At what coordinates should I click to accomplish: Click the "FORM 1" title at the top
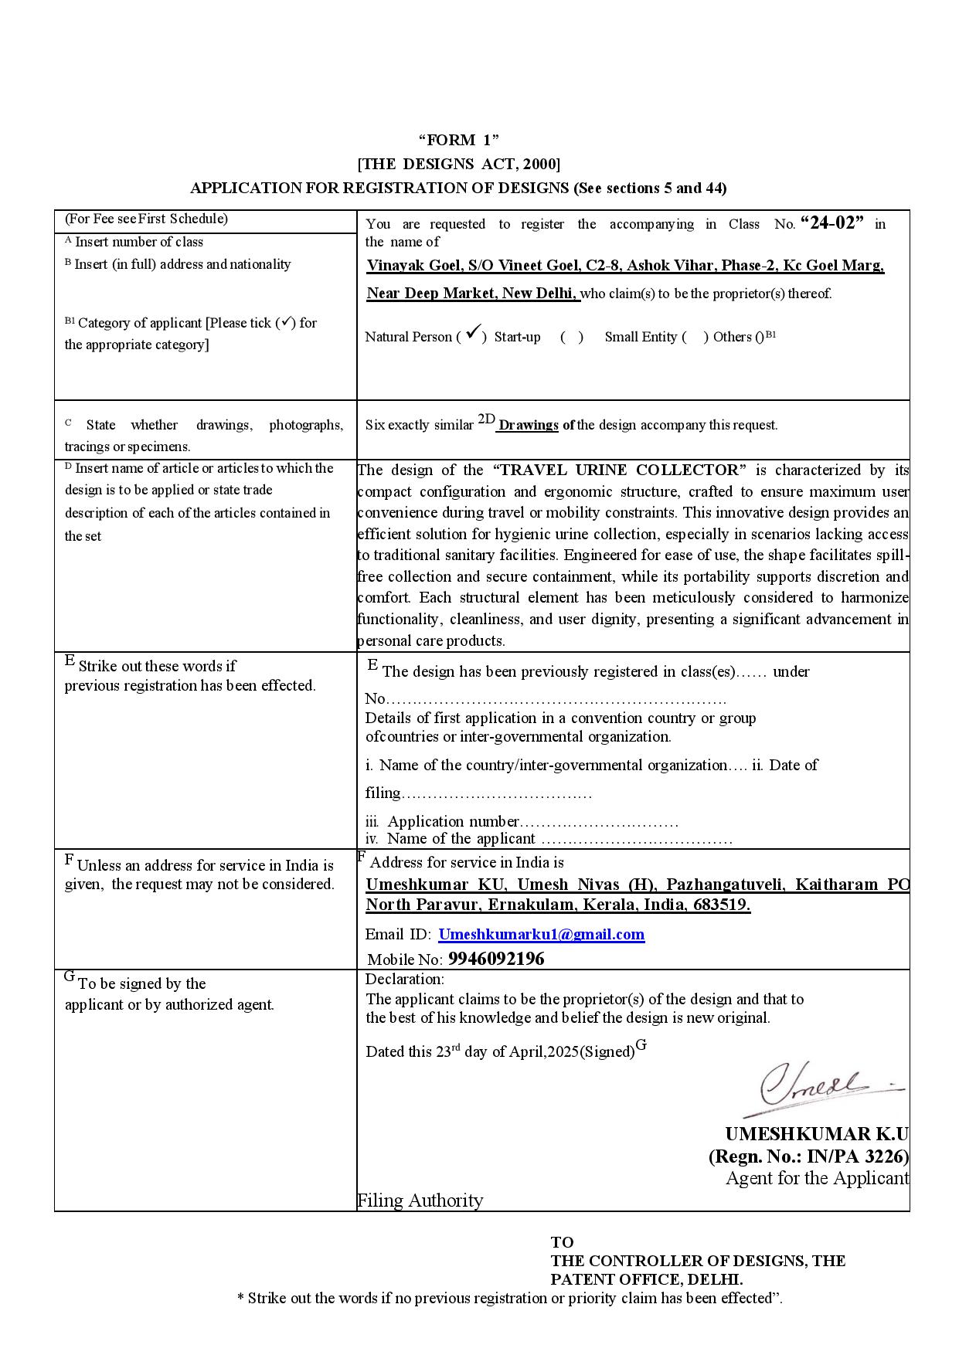[x=458, y=140]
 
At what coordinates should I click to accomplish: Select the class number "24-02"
[x=832, y=223]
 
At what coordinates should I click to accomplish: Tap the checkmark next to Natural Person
[x=474, y=333]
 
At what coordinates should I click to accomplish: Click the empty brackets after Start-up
[x=571, y=337]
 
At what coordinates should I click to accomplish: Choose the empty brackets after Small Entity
[x=695, y=337]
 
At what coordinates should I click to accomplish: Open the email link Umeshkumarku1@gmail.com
[x=541, y=934]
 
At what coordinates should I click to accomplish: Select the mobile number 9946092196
[x=496, y=959]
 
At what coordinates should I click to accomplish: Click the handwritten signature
[x=819, y=1085]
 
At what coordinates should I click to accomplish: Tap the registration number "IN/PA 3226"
[x=858, y=1156]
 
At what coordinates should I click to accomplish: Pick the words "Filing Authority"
[x=420, y=1200]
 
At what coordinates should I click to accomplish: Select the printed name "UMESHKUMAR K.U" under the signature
[x=816, y=1133]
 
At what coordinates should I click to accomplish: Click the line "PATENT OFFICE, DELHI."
[x=647, y=1279]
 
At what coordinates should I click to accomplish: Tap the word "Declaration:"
[x=404, y=980]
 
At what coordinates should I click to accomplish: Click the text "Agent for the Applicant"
[x=817, y=1178]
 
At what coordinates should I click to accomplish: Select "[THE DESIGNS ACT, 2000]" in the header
[x=458, y=164]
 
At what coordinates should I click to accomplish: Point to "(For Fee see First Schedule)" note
[x=146, y=219]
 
